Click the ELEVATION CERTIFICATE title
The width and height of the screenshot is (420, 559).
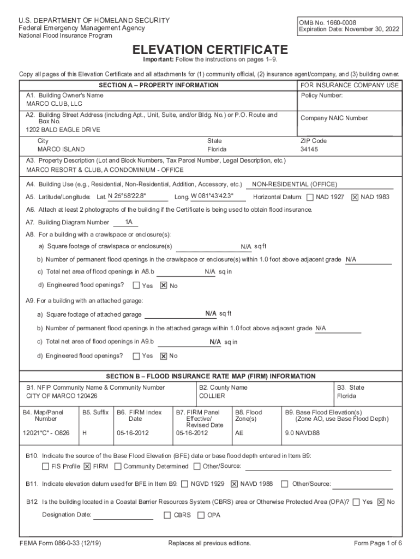210,49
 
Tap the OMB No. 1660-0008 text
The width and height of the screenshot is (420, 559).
326,22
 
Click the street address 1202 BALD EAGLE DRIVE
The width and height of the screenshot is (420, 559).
63,130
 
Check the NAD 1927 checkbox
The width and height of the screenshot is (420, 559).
310,197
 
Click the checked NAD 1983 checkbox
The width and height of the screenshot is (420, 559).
355,197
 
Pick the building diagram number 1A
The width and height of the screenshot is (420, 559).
129,222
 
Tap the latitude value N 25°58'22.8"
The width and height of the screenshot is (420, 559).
127,197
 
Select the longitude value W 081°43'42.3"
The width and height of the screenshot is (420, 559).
212,197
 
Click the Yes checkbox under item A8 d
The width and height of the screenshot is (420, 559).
136,285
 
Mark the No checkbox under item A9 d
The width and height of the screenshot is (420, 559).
163,356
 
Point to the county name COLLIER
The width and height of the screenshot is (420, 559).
212,396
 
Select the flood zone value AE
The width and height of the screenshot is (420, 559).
239,433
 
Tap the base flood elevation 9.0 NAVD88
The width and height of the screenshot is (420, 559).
303,433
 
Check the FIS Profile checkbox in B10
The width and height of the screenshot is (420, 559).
46,466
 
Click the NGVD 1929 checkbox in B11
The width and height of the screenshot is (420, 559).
185,484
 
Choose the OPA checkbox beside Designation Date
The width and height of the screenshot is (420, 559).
201,515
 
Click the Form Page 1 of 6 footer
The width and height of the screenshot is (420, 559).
378,543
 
